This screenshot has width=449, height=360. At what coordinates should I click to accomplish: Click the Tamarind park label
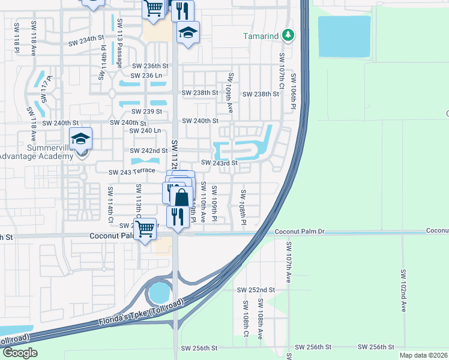(x=261, y=36)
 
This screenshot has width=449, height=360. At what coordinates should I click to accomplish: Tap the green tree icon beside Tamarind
(x=289, y=36)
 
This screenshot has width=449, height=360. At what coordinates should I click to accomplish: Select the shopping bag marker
(x=182, y=198)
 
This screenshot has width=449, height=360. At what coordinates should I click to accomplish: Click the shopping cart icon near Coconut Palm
(x=145, y=229)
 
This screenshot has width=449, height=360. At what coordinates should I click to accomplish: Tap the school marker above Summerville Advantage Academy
(x=80, y=140)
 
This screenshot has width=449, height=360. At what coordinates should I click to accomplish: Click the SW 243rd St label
(x=220, y=163)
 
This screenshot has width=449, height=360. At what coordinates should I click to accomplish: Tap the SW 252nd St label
(x=256, y=289)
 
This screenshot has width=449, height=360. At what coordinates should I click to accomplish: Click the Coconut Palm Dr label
(x=300, y=232)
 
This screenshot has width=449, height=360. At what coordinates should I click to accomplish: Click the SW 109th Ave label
(x=230, y=94)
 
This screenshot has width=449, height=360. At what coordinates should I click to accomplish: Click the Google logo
(x=19, y=353)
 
